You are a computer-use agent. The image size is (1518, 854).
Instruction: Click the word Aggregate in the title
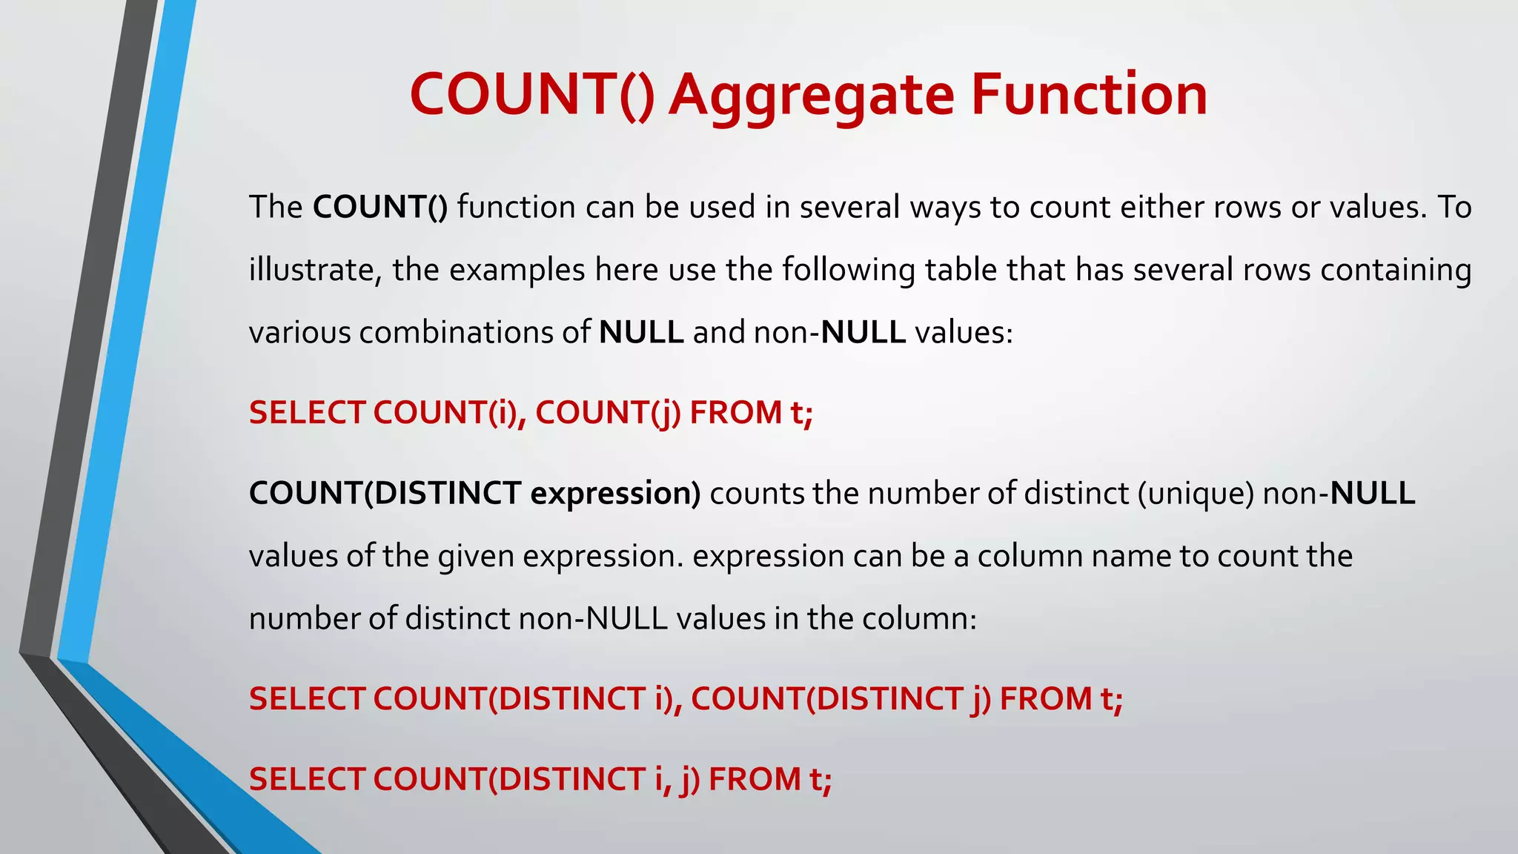[x=812, y=96]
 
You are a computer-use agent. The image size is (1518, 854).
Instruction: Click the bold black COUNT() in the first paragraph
[x=380, y=207]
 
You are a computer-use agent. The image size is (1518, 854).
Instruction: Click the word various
[x=299, y=332]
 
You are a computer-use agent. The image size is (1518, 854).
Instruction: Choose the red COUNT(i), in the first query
[x=449, y=412]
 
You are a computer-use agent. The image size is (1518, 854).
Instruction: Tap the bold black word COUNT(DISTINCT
[x=385, y=493]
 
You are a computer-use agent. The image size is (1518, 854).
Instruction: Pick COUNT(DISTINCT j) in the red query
[x=841, y=698]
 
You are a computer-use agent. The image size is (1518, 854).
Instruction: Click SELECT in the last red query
[x=307, y=779]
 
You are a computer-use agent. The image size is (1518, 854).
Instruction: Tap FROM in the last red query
[x=755, y=779]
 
